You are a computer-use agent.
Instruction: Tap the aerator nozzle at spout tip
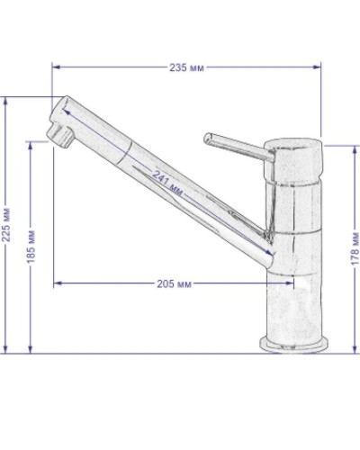tap(59, 138)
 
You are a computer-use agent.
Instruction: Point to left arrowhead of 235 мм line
tap(55, 67)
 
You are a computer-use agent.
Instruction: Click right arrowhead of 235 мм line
tap(319, 67)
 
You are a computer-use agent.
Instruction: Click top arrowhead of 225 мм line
tap(8, 100)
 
